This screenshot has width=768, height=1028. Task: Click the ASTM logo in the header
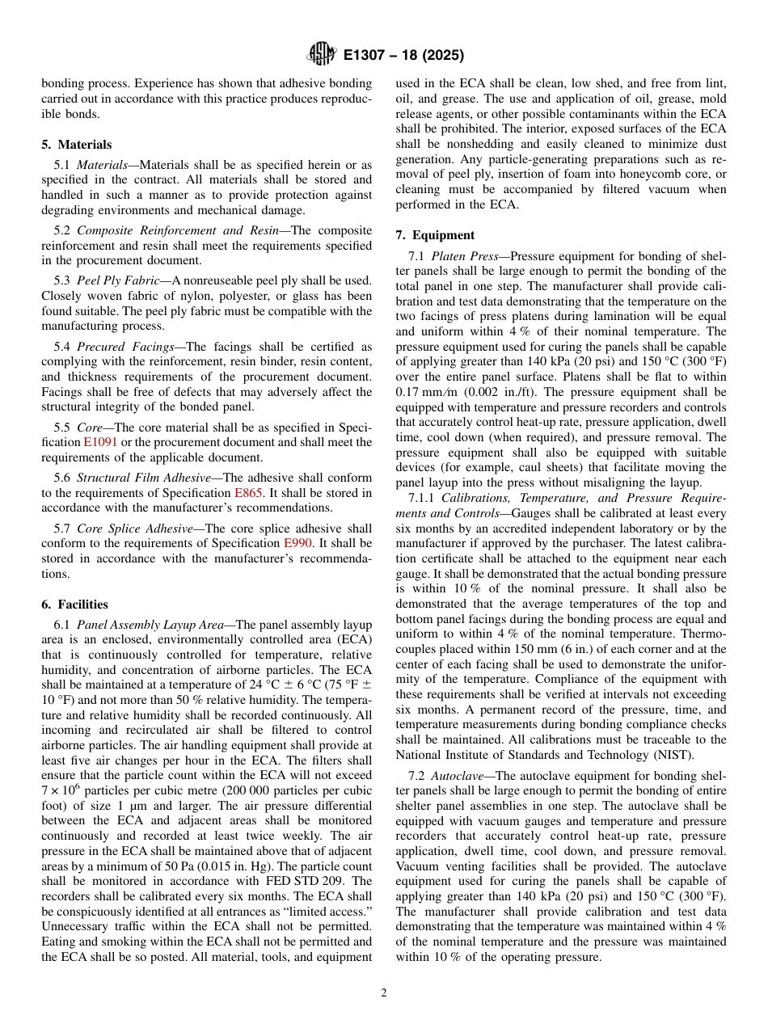coord(322,55)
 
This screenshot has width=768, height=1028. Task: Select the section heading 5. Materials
coord(77,145)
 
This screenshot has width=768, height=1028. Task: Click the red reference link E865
coord(248,492)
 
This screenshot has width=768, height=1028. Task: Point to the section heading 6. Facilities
coord(74,605)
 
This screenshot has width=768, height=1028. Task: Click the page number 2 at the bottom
coord(384,993)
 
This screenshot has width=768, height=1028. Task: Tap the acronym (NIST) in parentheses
coord(673,755)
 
